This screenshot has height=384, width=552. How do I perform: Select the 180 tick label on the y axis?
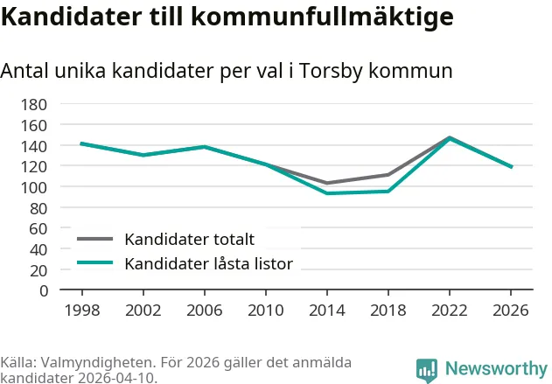pyautogui.click(x=34, y=105)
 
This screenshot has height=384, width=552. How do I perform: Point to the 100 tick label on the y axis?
pyautogui.click(x=34, y=187)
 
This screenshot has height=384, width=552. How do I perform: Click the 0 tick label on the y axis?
pyautogui.click(x=44, y=291)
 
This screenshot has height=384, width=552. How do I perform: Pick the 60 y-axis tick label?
pyautogui.click(x=38, y=229)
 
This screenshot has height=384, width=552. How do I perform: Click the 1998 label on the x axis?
pyautogui.click(x=82, y=311)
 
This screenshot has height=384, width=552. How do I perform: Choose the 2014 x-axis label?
pyautogui.click(x=327, y=311)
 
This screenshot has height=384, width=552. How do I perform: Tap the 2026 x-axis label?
pyautogui.click(x=511, y=311)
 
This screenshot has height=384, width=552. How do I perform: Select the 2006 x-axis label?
pyautogui.click(x=205, y=311)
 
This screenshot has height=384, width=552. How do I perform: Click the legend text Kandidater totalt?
pyautogui.click(x=190, y=240)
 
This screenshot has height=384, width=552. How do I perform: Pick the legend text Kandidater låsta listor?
pyautogui.click(x=209, y=263)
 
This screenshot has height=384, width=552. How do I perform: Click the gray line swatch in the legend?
pyautogui.click(x=95, y=239)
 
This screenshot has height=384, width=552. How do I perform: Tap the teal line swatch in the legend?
pyautogui.click(x=95, y=262)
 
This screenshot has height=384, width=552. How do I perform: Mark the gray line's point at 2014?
pyautogui.click(x=327, y=183)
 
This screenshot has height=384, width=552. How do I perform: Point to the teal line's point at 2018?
pyautogui.click(x=388, y=192)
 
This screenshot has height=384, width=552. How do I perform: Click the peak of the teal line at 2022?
pyautogui.click(x=449, y=138)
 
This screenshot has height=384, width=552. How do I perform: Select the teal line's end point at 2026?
pyautogui.click(x=511, y=167)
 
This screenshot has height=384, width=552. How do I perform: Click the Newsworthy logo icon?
pyautogui.click(x=427, y=370)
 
